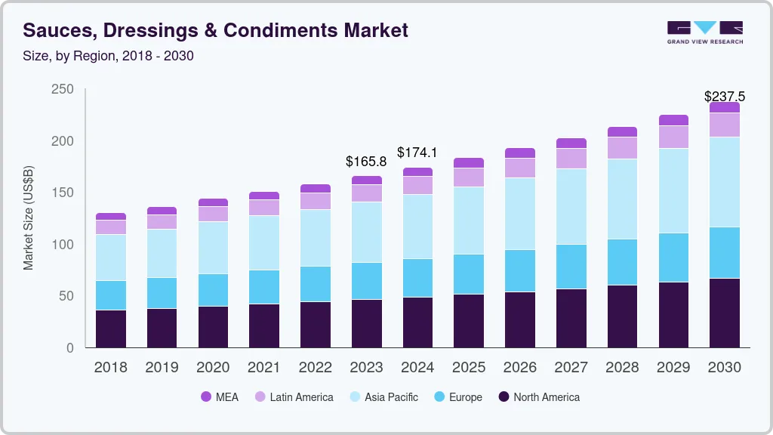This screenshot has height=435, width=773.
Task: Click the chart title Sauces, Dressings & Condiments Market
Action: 215,30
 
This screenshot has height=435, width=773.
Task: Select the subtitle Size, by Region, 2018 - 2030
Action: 109,56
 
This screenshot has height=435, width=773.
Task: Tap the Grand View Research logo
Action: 704,32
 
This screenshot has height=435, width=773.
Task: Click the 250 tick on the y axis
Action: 63,89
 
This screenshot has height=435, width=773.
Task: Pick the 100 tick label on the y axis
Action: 63,245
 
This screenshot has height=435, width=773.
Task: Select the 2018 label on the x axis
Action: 110,368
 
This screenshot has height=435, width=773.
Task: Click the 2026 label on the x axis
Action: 520,368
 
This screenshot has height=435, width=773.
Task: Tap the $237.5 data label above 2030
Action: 724,97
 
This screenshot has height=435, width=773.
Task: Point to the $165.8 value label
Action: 366,161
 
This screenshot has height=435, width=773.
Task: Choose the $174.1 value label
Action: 417,153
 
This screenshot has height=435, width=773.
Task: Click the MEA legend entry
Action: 219,396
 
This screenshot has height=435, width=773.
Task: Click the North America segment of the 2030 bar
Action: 725,313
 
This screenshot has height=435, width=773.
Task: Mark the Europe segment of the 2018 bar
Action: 110,295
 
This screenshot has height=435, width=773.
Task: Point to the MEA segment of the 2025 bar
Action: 469,162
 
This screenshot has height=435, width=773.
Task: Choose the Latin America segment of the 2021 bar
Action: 264,207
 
